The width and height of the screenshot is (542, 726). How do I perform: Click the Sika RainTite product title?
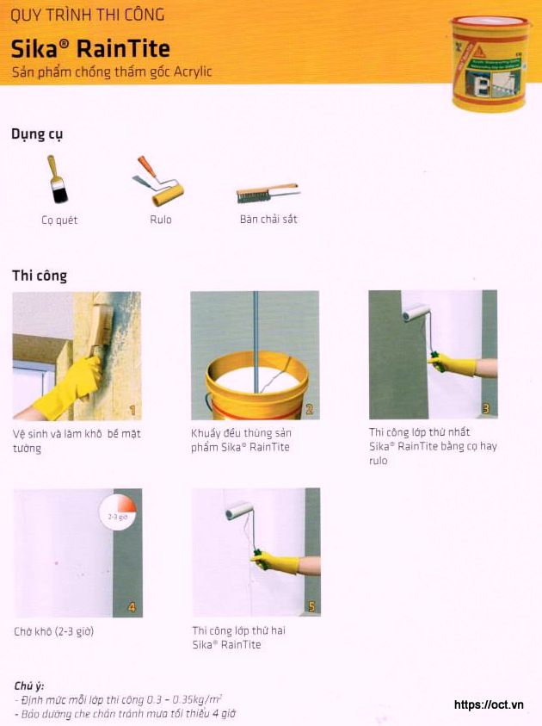(90, 47)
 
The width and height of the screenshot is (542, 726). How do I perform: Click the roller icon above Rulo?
(159, 180)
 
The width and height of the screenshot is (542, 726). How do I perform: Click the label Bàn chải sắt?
(268, 220)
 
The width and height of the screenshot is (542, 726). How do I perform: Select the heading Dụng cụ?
(37, 134)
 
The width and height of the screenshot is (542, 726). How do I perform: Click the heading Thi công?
(40, 276)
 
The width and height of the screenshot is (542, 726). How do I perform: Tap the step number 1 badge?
(132, 409)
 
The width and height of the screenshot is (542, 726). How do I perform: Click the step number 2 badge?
(310, 409)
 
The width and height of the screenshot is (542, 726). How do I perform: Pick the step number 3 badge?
(486, 409)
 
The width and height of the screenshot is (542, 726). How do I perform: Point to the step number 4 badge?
(132, 607)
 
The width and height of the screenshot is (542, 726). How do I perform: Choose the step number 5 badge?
(311, 607)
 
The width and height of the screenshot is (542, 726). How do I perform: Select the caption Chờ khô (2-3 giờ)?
(53, 632)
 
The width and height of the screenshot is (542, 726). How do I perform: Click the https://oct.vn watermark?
(489, 704)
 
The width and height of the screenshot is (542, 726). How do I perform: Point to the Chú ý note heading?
(29, 686)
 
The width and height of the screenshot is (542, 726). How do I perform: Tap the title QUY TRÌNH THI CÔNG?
(87, 16)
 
